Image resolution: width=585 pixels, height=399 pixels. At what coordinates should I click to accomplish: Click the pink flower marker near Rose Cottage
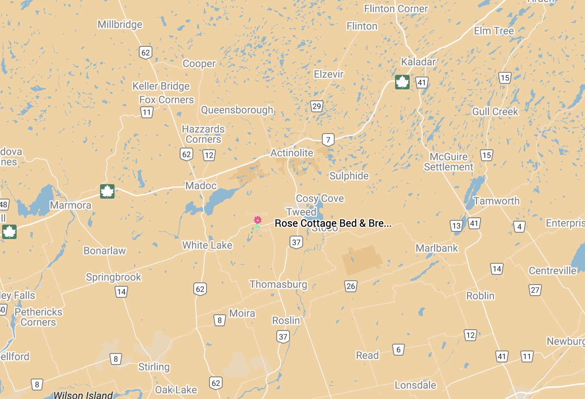[258, 220]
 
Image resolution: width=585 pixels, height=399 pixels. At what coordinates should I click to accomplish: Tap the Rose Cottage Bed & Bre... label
[333, 223]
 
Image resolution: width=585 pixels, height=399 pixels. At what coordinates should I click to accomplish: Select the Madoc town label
[201, 186]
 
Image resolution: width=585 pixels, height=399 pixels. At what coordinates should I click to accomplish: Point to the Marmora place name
[71, 205]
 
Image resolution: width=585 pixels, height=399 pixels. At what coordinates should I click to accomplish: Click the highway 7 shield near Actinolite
[328, 140]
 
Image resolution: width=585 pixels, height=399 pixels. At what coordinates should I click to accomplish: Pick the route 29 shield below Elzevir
[316, 106]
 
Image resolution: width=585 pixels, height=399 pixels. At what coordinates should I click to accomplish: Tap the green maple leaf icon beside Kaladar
[402, 82]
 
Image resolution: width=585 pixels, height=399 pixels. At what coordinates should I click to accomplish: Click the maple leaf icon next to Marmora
[107, 191]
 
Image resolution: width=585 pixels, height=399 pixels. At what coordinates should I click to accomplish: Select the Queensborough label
[237, 110]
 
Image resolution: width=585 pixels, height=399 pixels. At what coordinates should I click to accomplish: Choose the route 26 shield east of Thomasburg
[350, 286]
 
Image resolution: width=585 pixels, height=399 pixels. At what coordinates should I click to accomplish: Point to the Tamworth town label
[496, 201]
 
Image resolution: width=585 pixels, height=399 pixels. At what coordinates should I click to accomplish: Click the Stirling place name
[154, 367]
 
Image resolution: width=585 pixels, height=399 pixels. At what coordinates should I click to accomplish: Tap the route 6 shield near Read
[398, 350]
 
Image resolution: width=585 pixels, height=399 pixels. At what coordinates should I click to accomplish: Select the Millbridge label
[120, 25]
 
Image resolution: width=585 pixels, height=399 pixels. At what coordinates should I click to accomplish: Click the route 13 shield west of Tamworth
[456, 226]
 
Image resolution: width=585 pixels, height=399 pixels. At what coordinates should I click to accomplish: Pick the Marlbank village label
[437, 248]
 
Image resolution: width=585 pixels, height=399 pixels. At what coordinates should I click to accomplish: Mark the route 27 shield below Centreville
[535, 290]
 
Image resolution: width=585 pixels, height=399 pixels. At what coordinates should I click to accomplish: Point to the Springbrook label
[113, 277]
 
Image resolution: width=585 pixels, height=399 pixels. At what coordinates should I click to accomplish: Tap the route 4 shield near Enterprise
[519, 227]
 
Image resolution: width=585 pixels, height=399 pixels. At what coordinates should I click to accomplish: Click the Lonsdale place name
[415, 385]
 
